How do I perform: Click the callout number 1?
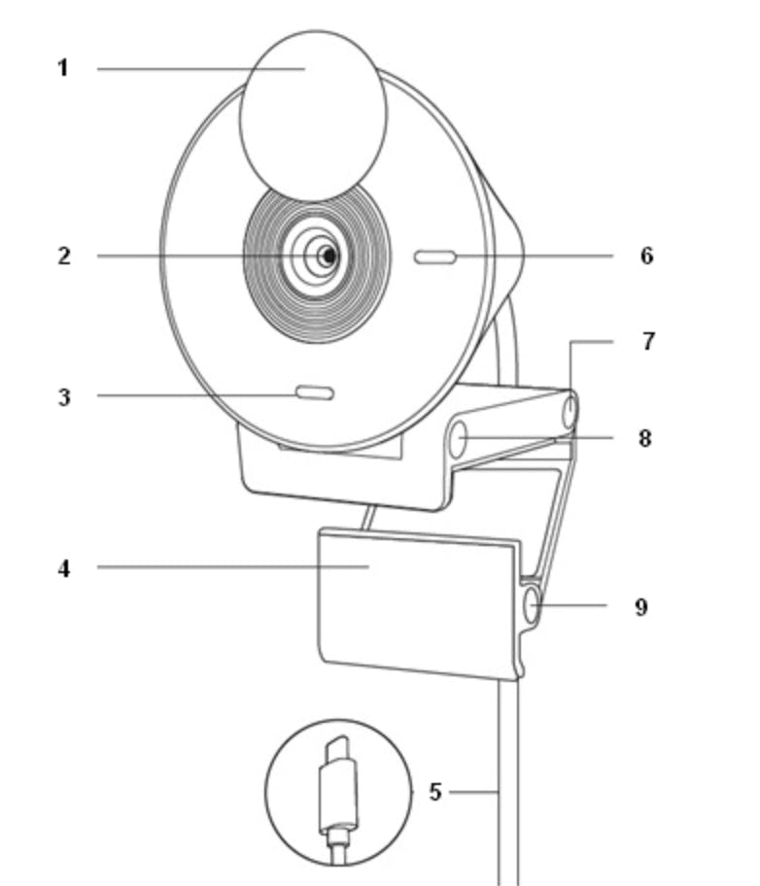[x=63, y=68]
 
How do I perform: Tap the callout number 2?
[x=64, y=256]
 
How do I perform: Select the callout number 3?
[x=64, y=397]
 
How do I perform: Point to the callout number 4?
[x=64, y=568]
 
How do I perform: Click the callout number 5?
[x=434, y=792]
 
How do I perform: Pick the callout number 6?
[x=647, y=256]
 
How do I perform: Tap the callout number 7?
[x=648, y=341]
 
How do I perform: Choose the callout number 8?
[x=644, y=438]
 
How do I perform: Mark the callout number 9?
[x=640, y=607]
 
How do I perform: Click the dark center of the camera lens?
[x=328, y=256]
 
